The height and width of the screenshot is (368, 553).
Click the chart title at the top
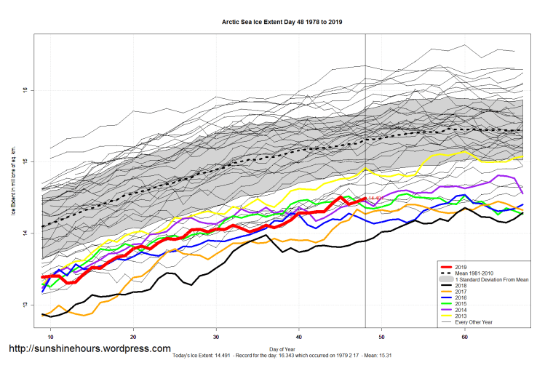coord(282,22)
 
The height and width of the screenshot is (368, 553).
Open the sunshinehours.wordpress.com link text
coord(89,348)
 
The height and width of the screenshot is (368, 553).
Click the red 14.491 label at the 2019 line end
coord(375,198)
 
